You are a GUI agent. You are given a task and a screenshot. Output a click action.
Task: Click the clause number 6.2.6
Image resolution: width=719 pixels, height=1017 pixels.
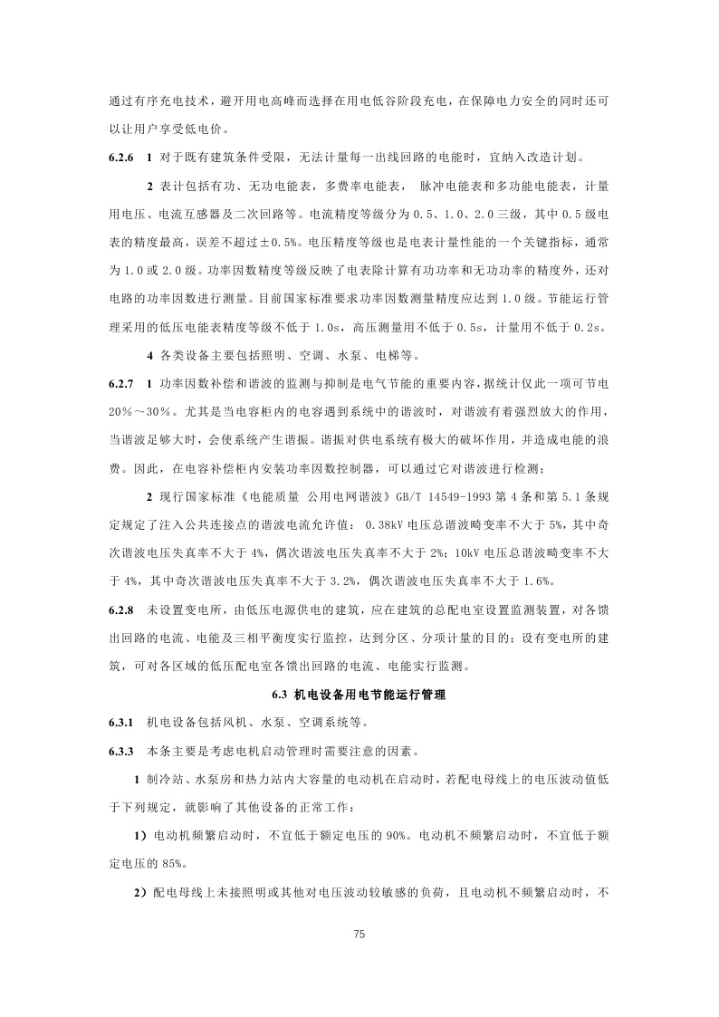pyautogui.click(x=121, y=157)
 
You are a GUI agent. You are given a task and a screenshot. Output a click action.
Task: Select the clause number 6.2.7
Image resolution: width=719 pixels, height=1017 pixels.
pyautogui.click(x=121, y=383)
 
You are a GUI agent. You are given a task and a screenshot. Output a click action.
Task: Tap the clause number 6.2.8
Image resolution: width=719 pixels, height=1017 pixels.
pyautogui.click(x=121, y=609)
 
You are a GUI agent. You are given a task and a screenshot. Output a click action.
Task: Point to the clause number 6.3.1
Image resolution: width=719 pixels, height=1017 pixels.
pyautogui.click(x=121, y=723)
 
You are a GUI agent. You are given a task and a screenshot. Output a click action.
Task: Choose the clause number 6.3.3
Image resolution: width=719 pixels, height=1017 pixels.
pyautogui.click(x=121, y=751)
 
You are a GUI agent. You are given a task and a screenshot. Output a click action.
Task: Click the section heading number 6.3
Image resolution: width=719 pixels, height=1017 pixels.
pyautogui.click(x=279, y=696)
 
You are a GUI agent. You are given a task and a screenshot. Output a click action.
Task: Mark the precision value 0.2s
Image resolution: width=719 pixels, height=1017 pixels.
pyautogui.click(x=598, y=327)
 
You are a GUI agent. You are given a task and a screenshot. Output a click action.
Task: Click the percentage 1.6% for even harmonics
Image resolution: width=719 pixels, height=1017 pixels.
pyautogui.click(x=536, y=580)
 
